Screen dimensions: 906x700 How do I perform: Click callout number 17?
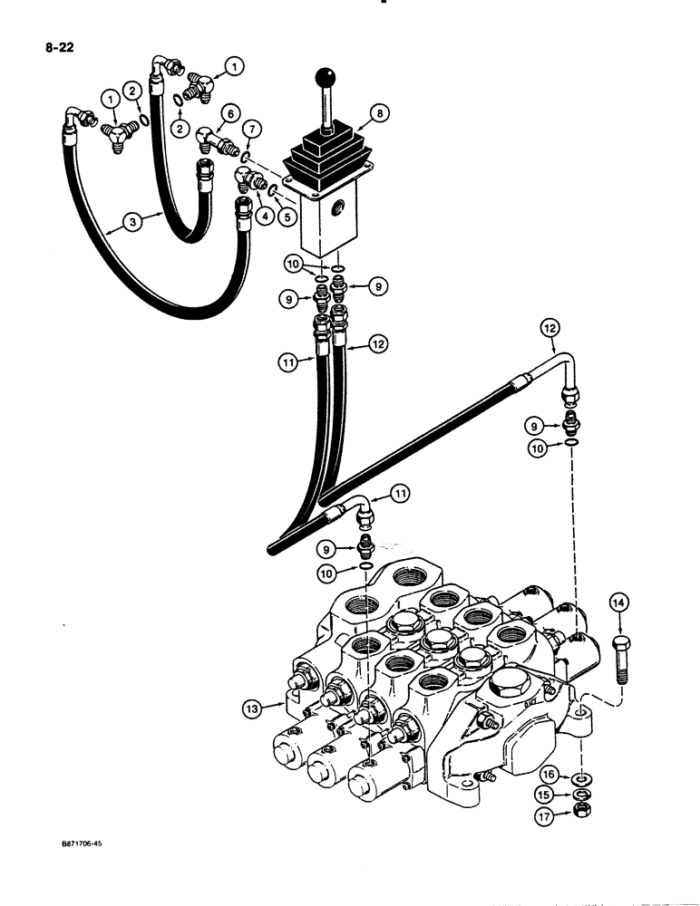[x=547, y=814]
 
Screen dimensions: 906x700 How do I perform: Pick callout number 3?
[x=132, y=220]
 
